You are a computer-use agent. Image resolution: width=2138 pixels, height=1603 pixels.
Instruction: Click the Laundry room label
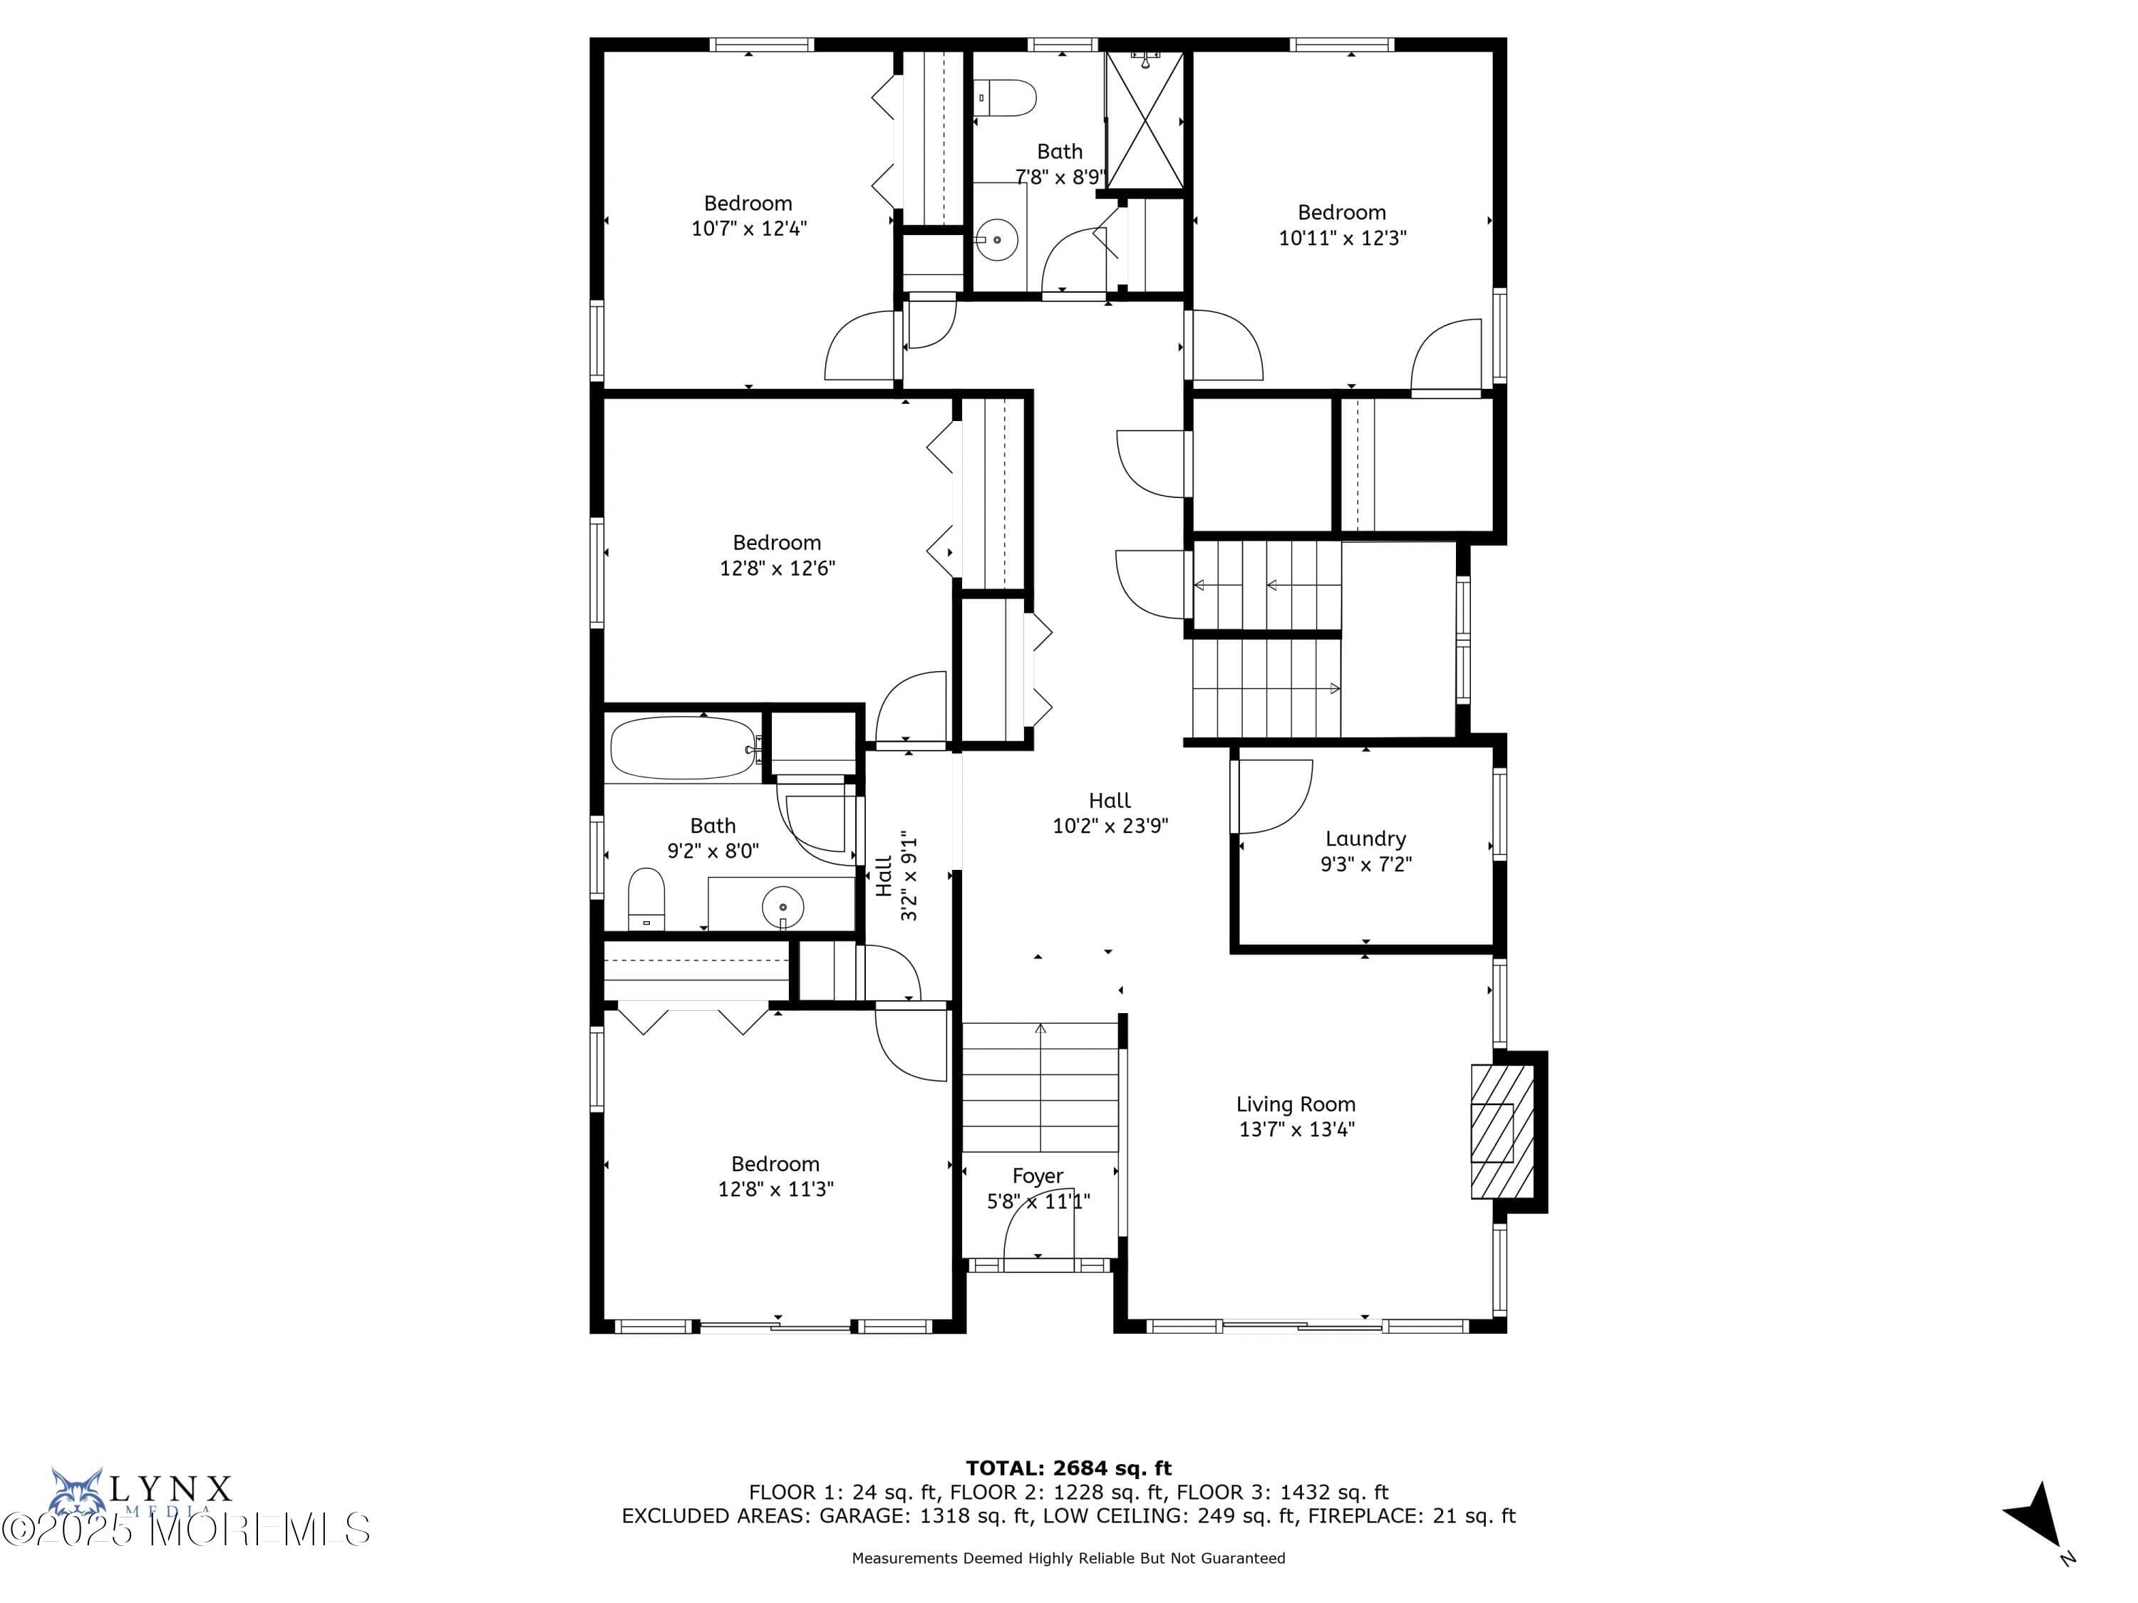coord(1365,839)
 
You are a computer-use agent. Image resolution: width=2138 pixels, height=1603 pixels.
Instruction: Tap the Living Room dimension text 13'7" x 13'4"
coord(1296,1129)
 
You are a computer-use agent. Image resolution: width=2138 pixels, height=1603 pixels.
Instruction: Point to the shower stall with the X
coord(1145,121)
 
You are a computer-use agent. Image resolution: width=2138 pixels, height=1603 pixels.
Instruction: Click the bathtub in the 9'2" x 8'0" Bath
coord(684,748)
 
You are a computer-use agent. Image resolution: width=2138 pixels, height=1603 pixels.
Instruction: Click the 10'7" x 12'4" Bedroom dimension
coord(749,229)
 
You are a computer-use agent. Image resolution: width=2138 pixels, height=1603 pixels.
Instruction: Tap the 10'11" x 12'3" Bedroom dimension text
coord(1341,238)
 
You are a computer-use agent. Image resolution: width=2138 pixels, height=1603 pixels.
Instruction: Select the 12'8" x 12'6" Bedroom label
coord(776,543)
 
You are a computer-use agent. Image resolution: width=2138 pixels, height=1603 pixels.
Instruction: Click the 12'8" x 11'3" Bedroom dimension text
coord(775,1190)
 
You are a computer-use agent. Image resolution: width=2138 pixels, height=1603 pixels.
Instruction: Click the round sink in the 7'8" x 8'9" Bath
coord(996,239)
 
